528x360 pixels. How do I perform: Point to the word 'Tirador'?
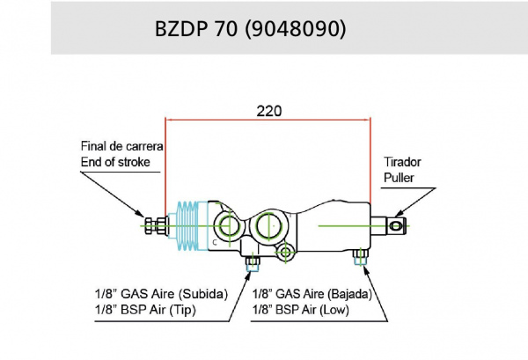[x=403, y=163]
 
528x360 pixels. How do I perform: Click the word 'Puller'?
[x=398, y=178]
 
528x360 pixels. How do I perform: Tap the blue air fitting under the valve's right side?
[x=359, y=257]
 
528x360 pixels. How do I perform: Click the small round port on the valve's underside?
[x=284, y=253]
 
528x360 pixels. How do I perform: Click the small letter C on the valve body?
[x=214, y=239]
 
